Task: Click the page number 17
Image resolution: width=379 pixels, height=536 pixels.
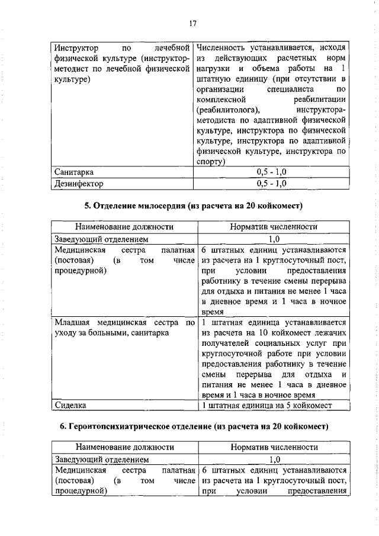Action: (192, 24)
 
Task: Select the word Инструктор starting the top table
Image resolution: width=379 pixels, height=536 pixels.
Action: (75, 47)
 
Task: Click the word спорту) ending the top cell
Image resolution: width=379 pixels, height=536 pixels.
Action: (210, 161)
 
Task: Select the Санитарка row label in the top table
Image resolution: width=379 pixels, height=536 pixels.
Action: (73, 172)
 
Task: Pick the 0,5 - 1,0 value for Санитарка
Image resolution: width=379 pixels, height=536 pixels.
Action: (272, 172)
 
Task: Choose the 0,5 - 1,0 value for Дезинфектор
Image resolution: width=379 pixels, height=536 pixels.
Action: (272, 183)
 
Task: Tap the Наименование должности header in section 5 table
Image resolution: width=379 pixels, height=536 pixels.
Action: (124, 227)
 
